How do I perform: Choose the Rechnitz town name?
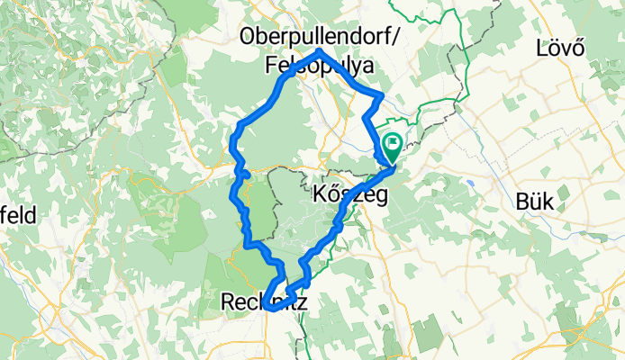pos(263,304)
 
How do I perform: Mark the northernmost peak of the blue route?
pos(320,53)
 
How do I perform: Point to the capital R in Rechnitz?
pos(227,304)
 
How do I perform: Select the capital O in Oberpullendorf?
pos(249,37)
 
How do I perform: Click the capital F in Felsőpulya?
pos(271,66)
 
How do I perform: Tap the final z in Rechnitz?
pos(301,304)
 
